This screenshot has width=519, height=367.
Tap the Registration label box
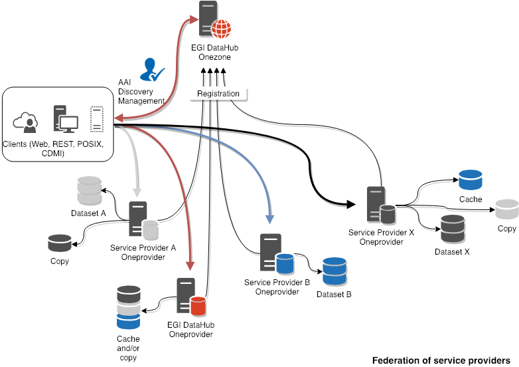(x=218, y=94)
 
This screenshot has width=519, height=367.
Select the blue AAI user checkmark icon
(x=153, y=70)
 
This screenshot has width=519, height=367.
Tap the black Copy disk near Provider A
(x=60, y=243)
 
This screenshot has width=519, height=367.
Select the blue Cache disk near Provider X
(x=470, y=180)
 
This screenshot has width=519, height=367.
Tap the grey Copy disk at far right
(x=506, y=209)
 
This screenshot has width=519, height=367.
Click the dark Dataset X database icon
(x=453, y=229)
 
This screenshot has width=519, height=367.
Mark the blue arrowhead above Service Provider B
(x=270, y=218)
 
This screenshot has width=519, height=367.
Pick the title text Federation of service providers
(x=441, y=360)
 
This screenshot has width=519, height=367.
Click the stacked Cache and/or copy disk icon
(x=127, y=308)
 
